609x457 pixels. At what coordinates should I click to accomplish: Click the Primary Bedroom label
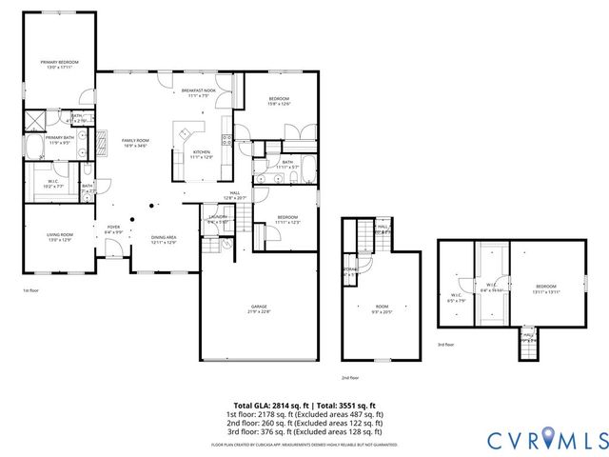coord(59,64)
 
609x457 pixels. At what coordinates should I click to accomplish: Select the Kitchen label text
coord(202,154)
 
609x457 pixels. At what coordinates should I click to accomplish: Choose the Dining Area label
coord(164,239)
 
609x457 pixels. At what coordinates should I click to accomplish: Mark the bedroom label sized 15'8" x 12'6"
coord(278,102)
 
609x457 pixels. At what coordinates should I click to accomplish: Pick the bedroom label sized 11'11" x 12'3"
coord(287,219)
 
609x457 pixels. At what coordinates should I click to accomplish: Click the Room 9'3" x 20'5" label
coord(382,308)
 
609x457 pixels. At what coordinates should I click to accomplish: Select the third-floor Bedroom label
coord(545,288)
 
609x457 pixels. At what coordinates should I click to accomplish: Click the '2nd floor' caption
coord(349,376)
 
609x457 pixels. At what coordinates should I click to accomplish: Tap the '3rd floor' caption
coord(445,344)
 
